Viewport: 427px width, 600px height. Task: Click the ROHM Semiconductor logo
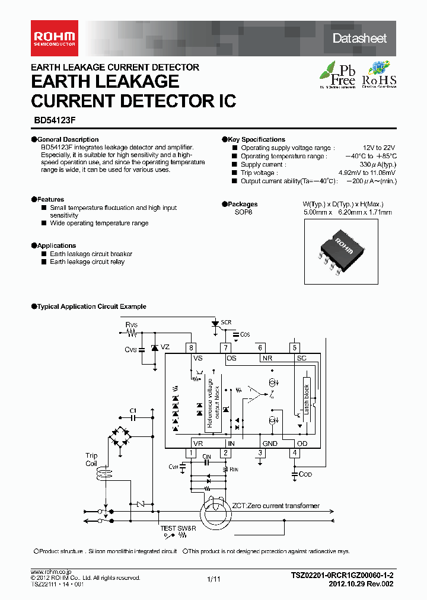53,37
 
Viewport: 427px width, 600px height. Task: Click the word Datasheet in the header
359,39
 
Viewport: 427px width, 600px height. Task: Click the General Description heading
68,139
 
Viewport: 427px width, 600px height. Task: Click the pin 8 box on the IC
191,348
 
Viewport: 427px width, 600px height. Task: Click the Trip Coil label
91,459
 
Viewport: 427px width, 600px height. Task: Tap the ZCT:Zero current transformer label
276,506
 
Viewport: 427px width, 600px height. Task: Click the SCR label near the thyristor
226,323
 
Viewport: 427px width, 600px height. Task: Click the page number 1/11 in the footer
213,579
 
